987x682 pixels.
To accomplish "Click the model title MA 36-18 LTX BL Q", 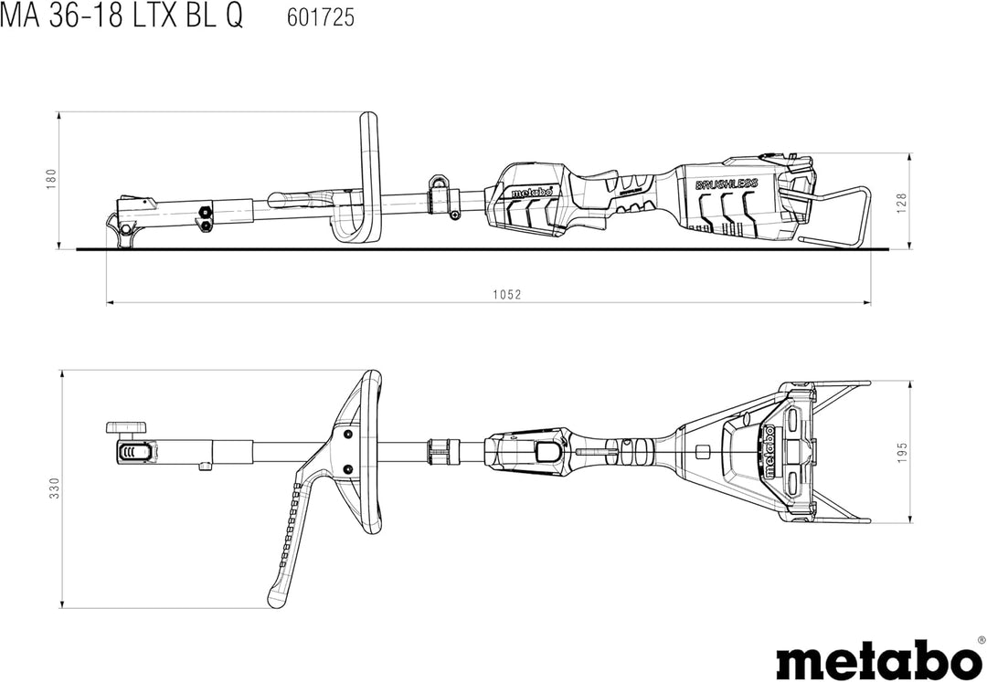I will pos(122,17).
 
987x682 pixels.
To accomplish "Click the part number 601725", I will pos(314,17).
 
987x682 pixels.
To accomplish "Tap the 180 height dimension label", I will pos(51,179).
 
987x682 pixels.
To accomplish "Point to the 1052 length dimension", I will pos(505,294).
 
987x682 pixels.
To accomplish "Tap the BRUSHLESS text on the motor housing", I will pos(727,184).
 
